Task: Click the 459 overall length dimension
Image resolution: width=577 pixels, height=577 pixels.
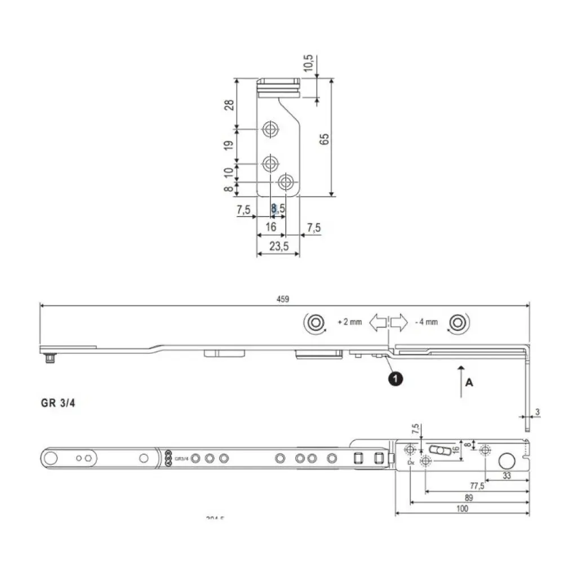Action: (x=283, y=299)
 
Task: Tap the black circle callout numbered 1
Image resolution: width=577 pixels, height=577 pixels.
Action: (x=396, y=379)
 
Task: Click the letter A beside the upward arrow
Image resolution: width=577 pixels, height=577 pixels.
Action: (x=470, y=383)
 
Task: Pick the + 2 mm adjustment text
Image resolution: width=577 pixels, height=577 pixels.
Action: (x=349, y=322)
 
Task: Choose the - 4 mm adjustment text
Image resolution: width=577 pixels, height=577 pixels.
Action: (x=426, y=322)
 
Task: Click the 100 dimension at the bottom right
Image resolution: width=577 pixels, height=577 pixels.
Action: (x=462, y=508)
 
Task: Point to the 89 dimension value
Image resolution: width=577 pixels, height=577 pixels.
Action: (x=469, y=498)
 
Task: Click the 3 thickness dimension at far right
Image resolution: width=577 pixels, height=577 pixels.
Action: (x=538, y=412)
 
